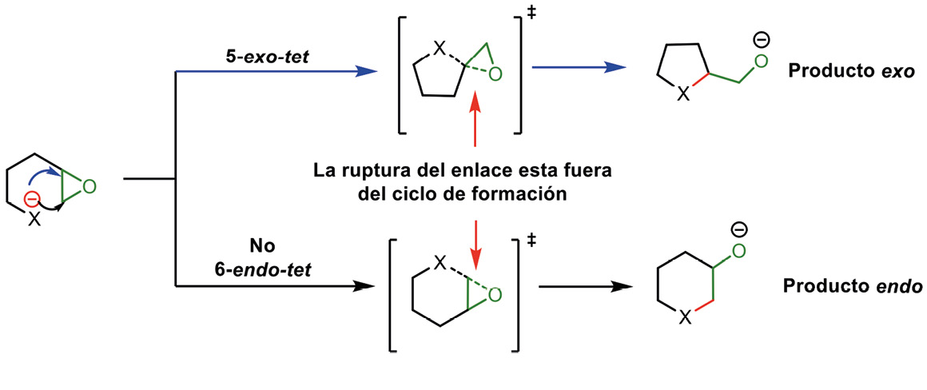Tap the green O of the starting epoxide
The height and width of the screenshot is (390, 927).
coord(89,187)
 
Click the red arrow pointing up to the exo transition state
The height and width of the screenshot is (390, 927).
coord(475,120)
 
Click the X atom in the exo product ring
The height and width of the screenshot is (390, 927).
coord(682,95)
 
